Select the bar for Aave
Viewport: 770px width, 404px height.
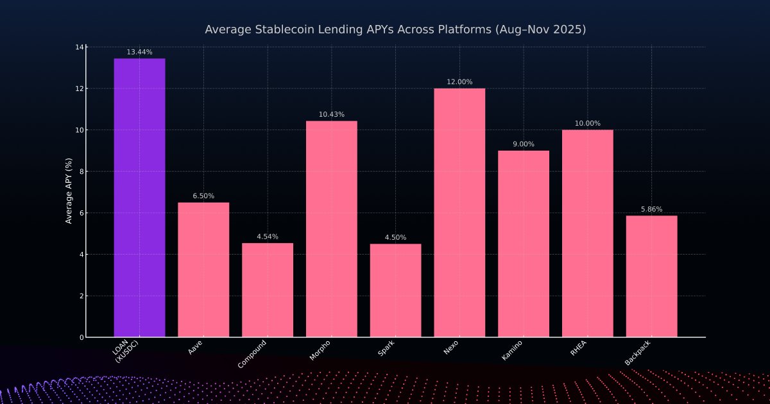pyautogui.click(x=203, y=269)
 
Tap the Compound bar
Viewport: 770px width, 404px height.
pyautogui.click(x=268, y=290)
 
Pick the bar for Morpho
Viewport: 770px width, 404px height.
pyautogui.click(x=331, y=229)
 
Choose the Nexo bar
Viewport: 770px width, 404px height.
pyautogui.click(x=459, y=212)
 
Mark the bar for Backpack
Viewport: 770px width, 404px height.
pyautogui.click(x=651, y=276)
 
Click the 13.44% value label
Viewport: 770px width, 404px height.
pyautogui.click(x=139, y=52)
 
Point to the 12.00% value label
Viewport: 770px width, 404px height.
pyautogui.click(x=459, y=82)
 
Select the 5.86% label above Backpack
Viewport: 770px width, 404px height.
pyautogui.click(x=651, y=209)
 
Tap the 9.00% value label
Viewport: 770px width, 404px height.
pyautogui.click(x=524, y=144)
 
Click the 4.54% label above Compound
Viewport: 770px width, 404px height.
pyautogui.click(x=268, y=237)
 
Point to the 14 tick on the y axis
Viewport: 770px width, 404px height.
pyautogui.click(x=80, y=47)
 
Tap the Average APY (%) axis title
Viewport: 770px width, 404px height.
pyautogui.click(x=69, y=192)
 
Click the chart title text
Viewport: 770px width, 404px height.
pyautogui.click(x=395, y=29)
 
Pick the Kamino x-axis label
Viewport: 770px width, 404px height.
pyautogui.click(x=512, y=351)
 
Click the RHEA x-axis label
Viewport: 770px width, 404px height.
pyautogui.click(x=578, y=348)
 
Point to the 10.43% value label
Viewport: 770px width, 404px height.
pyautogui.click(x=331, y=114)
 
